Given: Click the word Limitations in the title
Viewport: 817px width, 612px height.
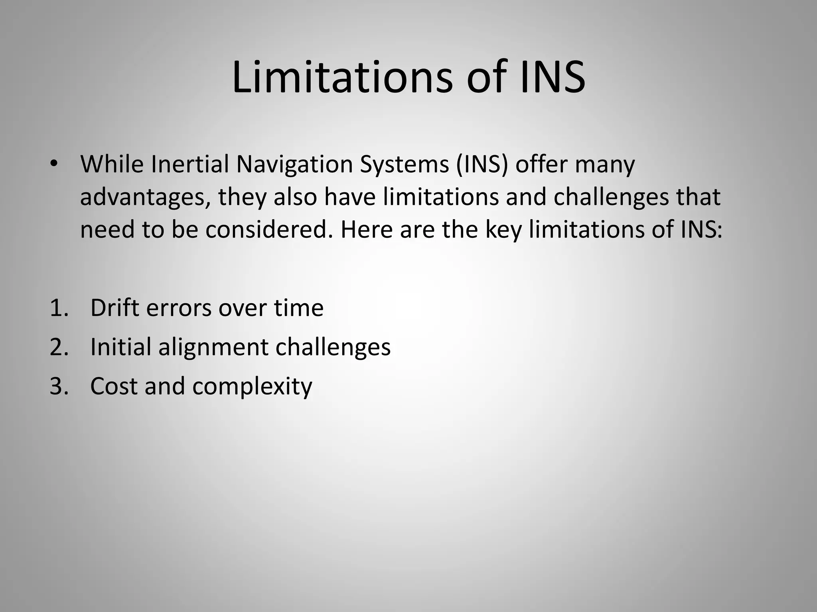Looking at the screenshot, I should (342, 77).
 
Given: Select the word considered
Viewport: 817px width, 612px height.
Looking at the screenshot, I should (269, 230).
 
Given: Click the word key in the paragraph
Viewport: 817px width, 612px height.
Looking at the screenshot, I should (503, 231).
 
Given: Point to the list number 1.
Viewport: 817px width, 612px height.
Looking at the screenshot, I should (59, 308).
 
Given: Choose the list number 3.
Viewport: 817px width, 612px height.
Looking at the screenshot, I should (59, 386).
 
